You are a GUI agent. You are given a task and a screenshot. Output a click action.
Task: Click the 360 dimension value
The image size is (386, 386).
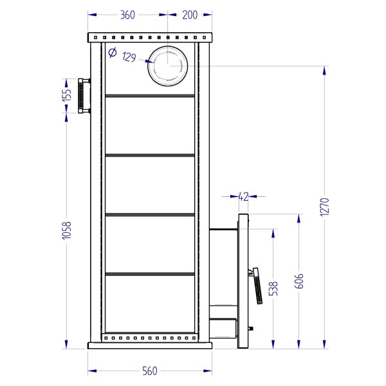tap(127, 15)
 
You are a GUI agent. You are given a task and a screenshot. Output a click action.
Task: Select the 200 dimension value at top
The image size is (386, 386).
tap(190, 15)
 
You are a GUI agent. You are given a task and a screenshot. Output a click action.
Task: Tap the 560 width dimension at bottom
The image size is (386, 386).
tap(150, 371)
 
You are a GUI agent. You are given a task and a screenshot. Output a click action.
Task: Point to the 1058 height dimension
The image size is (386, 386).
tap(66, 230)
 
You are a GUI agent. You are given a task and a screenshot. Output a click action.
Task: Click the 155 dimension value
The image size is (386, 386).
tap(66, 95)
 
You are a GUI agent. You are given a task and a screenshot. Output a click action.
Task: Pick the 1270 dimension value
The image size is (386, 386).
tap(324, 207)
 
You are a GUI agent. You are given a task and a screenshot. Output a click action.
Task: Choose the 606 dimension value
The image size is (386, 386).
tap(299, 281)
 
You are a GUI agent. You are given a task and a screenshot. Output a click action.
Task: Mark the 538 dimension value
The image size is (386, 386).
tap(273, 289)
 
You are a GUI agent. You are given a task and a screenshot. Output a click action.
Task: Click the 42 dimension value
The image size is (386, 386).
tap(243, 197)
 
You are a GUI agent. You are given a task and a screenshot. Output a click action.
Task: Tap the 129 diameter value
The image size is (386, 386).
tap(129, 57)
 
